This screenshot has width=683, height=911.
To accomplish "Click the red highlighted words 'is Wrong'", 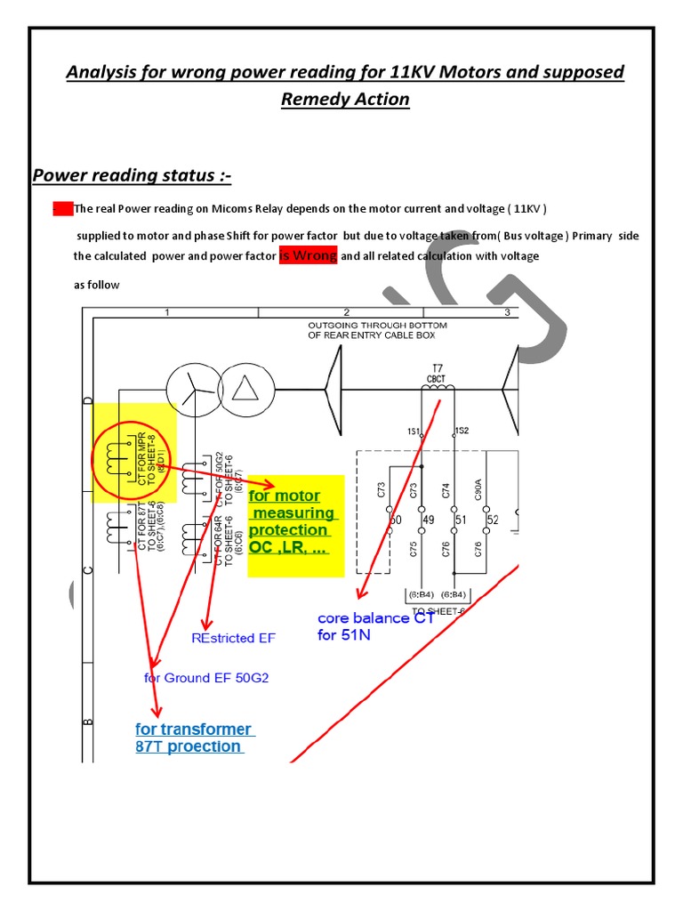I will click(x=308, y=256).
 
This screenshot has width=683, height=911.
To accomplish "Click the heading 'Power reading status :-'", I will click(x=132, y=176).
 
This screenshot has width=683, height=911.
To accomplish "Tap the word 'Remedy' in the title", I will click(x=313, y=99).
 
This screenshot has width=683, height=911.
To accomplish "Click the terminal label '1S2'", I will click(x=462, y=431).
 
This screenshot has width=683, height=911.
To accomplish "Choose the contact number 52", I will click(x=494, y=520).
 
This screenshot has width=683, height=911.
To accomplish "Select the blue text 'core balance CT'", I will click(x=375, y=617).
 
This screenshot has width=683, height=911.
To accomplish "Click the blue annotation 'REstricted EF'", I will click(x=234, y=638).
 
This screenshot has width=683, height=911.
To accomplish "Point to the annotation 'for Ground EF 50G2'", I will click(x=205, y=678).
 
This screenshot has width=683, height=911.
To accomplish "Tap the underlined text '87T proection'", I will click(x=188, y=746).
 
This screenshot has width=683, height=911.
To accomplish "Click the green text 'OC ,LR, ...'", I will click(x=289, y=547).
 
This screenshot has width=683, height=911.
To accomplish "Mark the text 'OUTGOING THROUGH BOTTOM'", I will click(x=377, y=326).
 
